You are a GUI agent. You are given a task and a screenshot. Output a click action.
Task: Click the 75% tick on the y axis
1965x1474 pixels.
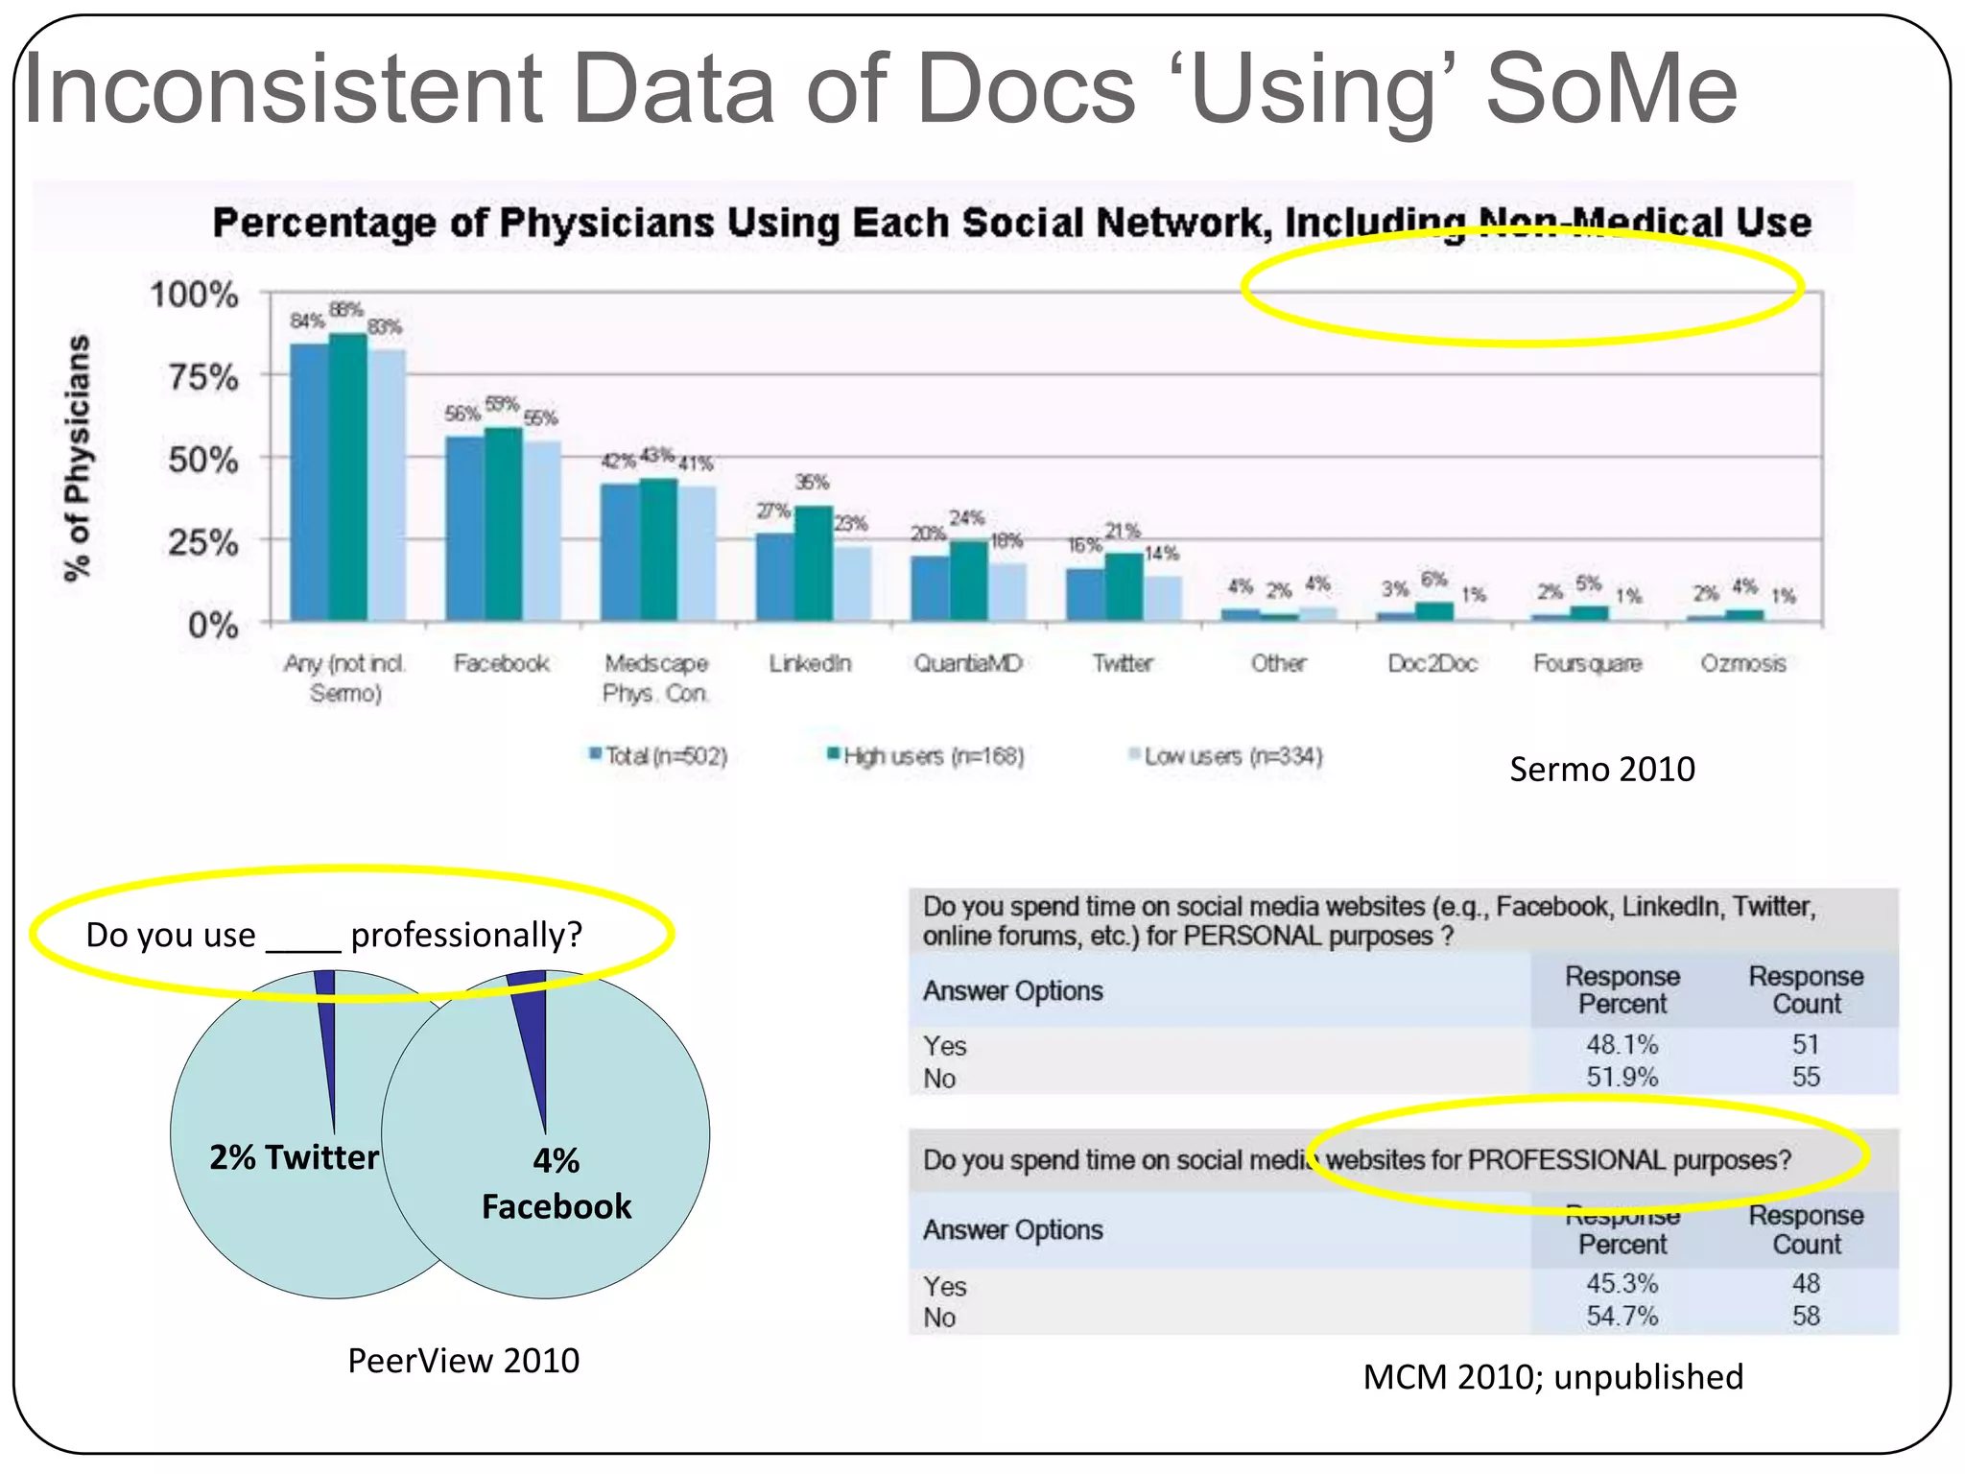click(x=202, y=377)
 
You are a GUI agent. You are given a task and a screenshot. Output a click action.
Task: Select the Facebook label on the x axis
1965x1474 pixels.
click(x=501, y=663)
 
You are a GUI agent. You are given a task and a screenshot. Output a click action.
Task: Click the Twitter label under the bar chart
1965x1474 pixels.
click(x=1122, y=663)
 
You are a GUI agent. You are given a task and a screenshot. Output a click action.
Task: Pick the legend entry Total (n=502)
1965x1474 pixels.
click(x=659, y=756)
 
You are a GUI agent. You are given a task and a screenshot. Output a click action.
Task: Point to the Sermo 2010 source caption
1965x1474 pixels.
click(x=1601, y=770)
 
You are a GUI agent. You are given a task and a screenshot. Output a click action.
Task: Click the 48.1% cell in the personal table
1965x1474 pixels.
click(x=1622, y=1044)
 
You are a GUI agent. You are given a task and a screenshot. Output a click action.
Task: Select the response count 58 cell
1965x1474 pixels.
click(x=1806, y=1316)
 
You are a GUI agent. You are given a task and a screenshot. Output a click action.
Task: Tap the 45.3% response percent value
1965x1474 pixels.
click(x=1622, y=1283)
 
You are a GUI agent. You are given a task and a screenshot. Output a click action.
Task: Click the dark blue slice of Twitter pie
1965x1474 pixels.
click(x=327, y=1036)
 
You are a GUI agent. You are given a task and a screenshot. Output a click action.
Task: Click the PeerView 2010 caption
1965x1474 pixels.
click(x=463, y=1361)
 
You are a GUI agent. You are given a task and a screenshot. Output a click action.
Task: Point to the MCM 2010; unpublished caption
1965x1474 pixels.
click(x=1552, y=1377)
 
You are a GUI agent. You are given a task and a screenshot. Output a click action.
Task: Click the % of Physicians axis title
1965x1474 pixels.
click(x=78, y=458)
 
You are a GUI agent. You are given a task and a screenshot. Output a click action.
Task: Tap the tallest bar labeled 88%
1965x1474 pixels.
click(x=347, y=477)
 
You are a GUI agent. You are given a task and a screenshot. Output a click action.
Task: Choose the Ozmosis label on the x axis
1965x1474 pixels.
click(x=1742, y=663)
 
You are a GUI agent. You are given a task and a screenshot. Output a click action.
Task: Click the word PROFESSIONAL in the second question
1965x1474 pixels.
click(x=1566, y=1159)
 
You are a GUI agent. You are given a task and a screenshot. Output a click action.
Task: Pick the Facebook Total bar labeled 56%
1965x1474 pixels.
click(x=464, y=529)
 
